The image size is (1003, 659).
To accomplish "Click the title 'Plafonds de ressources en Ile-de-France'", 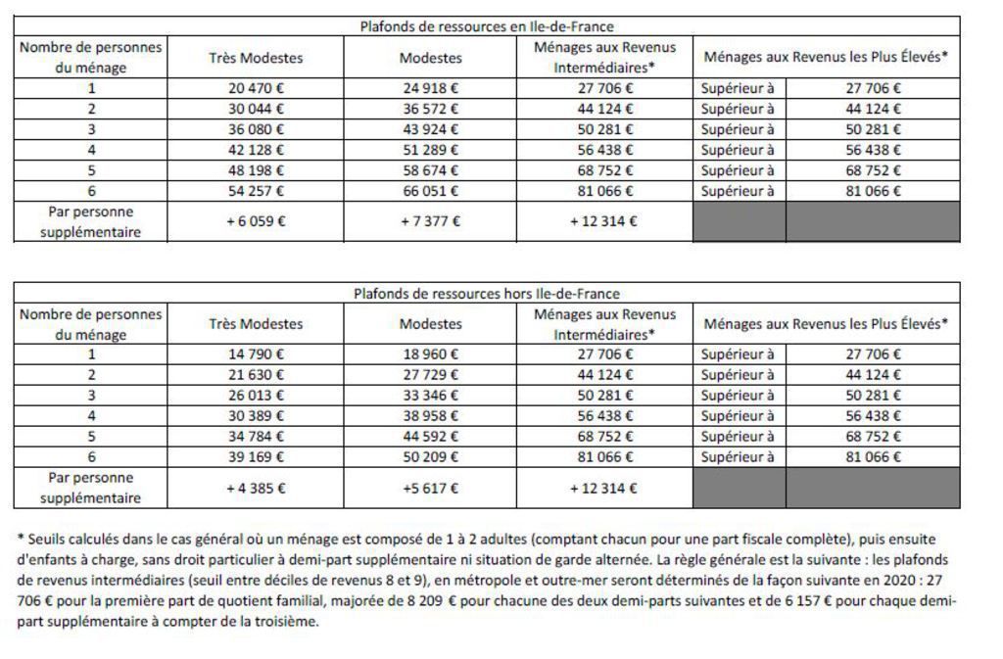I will point(487,26).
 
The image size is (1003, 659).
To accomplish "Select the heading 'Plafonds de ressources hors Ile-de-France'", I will point(487,293).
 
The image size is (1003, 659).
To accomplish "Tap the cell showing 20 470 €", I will point(256,87).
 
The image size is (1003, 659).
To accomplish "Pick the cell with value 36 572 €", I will point(430,108).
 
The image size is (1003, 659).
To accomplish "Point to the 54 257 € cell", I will point(256,191).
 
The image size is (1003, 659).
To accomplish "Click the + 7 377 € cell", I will point(430,221).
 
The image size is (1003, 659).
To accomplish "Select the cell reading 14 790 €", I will point(256,354).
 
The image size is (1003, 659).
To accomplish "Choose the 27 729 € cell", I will point(430,375).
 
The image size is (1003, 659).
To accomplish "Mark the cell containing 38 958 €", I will point(430,416).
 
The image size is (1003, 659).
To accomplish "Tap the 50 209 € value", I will point(430,457).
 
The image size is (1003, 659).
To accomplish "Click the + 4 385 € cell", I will point(256,488).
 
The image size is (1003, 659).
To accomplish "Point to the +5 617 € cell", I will point(430,488).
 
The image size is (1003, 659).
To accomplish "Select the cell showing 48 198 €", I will point(256,170).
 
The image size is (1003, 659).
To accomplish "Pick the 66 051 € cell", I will point(430,191).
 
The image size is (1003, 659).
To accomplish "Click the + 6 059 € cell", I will point(256,221).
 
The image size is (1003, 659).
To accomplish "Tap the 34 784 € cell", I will point(256,437).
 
